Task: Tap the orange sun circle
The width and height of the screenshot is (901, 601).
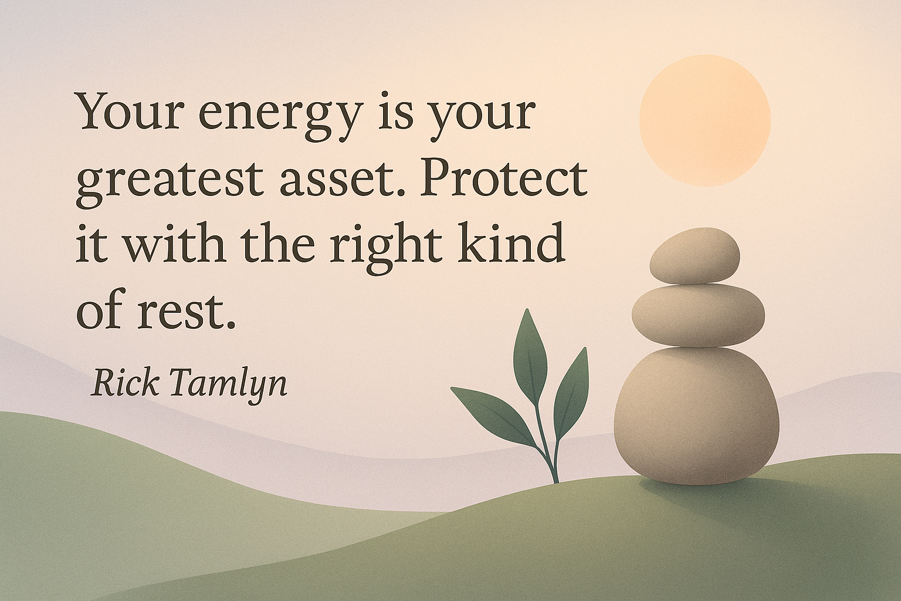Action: point(705,120)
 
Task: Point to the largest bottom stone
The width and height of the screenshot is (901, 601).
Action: point(696,416)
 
